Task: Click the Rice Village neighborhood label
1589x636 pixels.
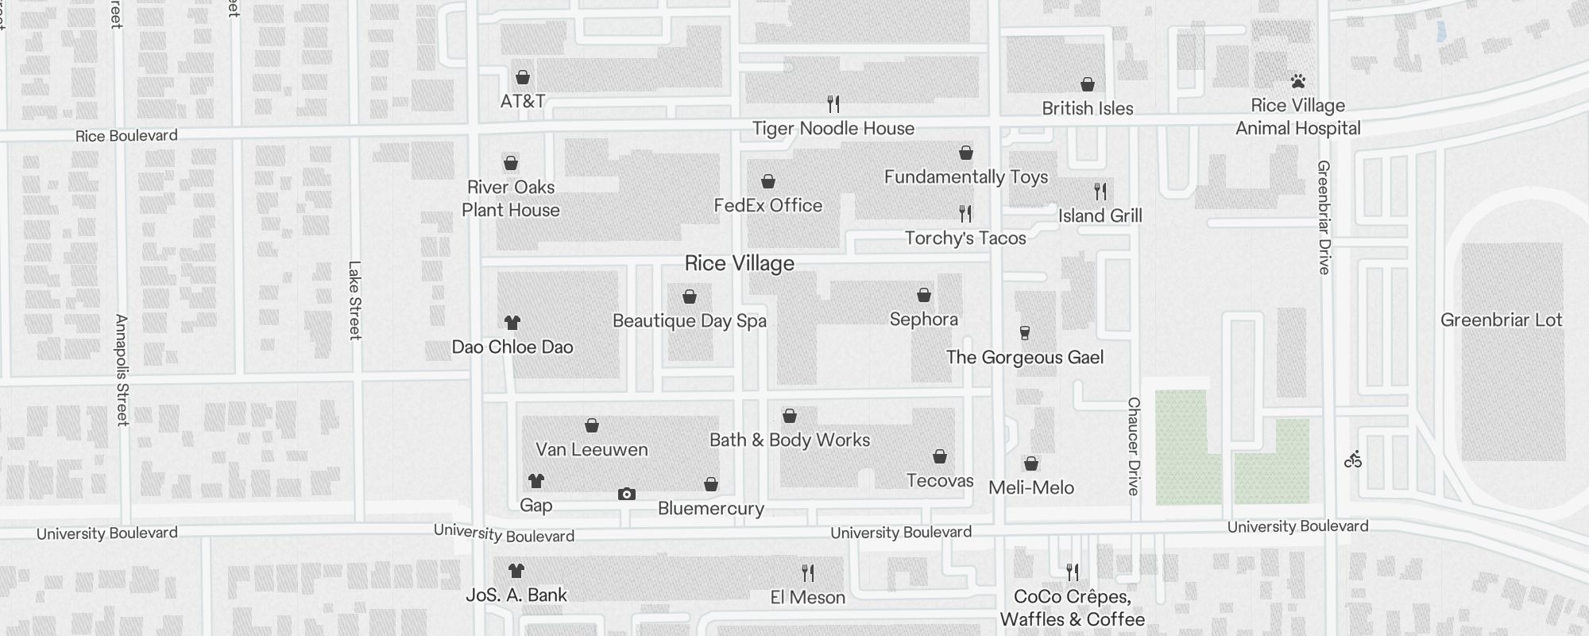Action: click(x=739, y=263)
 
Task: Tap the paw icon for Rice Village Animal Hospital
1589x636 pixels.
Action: click(x=1298, y=81)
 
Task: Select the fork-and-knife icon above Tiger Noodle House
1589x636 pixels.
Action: click(x=833, y=103)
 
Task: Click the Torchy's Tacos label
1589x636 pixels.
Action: click(x=965, y=238)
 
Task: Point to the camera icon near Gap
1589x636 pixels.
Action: click(x=627, y=494)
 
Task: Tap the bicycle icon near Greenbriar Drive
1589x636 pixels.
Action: click(x=1353, y=460)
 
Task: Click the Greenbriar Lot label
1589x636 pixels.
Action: click(x=1501, y=320)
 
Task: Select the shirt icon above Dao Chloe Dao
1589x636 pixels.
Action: click(x=512, y=323)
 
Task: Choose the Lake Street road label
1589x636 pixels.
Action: click(x=354, y=301)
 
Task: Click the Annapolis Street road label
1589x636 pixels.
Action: click(x=122, y=370)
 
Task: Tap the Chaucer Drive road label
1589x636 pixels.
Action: click(x=1134, y=446)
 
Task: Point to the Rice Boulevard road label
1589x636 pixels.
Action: click(x=126, y=136)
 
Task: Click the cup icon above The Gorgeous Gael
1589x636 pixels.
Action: click(x=1025, y=333)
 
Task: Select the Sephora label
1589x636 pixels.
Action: click(x=923, y=319)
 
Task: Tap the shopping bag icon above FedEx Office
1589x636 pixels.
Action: click(x=767, y=182)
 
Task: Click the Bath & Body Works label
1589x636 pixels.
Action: click(x=789, y=440)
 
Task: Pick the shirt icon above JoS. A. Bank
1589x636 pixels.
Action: click(x=516, y=571)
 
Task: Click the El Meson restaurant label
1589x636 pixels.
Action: click(x=807, y=597)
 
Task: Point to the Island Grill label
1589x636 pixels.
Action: click(x=1100, y=215)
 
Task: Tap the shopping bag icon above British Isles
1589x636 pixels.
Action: click(x=1088, y=84)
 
